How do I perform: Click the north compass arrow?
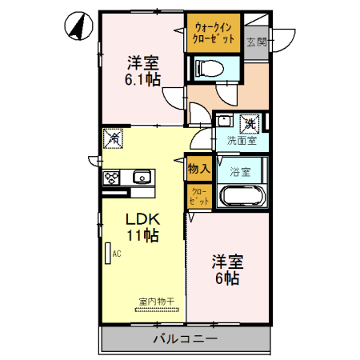(x=77, y=26)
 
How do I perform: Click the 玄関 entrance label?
(x=255, y=42)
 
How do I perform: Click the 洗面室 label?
(x=241, y=141)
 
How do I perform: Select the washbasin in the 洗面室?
(x=225, y=122)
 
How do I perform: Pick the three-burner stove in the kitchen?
(x=111, y=178)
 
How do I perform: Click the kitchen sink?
(x=142, y=177)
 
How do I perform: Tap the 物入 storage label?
(x=198, y=169)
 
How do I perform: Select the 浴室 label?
(x=241, y=171)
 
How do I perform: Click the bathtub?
(x=242, y=197)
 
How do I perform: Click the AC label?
(x=117, y=254)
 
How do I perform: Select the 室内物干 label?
(x=157, y=302)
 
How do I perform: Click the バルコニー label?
(x=184, y=339)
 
